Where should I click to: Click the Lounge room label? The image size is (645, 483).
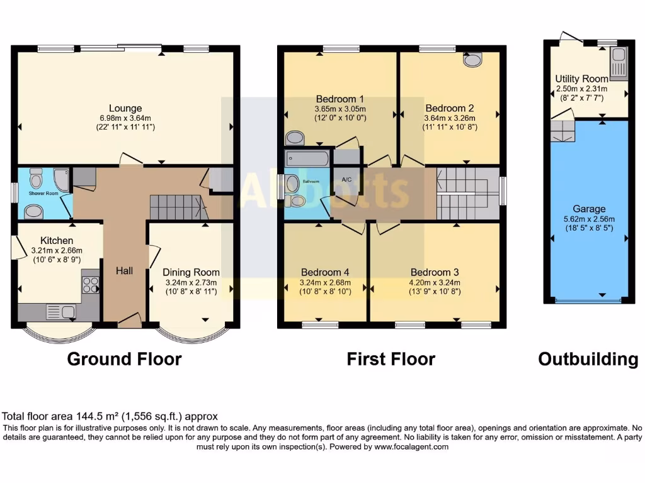125,108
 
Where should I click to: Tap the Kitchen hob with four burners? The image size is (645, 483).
91,285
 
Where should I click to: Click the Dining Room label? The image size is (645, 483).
191,272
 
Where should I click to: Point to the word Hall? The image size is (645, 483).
124,271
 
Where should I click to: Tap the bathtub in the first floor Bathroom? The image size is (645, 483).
307,157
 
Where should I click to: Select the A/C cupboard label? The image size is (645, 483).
346,179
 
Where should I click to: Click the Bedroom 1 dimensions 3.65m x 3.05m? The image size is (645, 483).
340,109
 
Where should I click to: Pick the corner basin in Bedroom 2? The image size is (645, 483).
472,60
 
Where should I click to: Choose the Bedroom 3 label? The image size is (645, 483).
435,272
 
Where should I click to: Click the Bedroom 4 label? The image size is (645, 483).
325,272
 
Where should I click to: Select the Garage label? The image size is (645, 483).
589,209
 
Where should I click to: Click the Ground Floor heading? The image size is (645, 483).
124,359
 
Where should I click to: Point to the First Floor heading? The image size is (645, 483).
391,359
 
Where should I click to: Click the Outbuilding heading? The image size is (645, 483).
588,359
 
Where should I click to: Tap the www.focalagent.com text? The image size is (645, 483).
411,447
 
